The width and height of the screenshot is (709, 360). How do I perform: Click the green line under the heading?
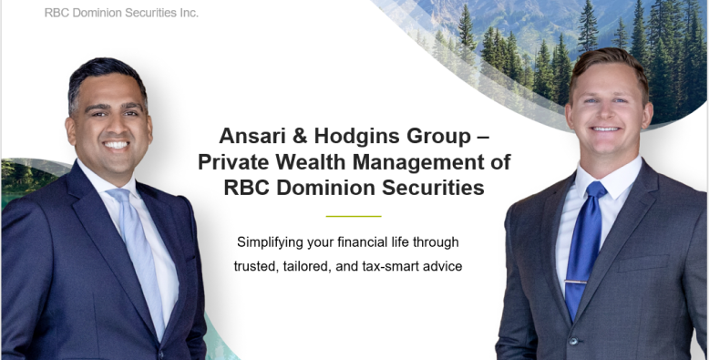pyautogui.click(x=354, y=216)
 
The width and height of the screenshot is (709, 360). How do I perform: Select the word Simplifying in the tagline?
pyautogui.click(x=273, y=242)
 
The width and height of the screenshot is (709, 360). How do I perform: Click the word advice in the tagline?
pyautogui.click(x=442, y=266)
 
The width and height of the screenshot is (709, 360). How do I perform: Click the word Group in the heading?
pyautogui.click(x=437, y=137)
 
